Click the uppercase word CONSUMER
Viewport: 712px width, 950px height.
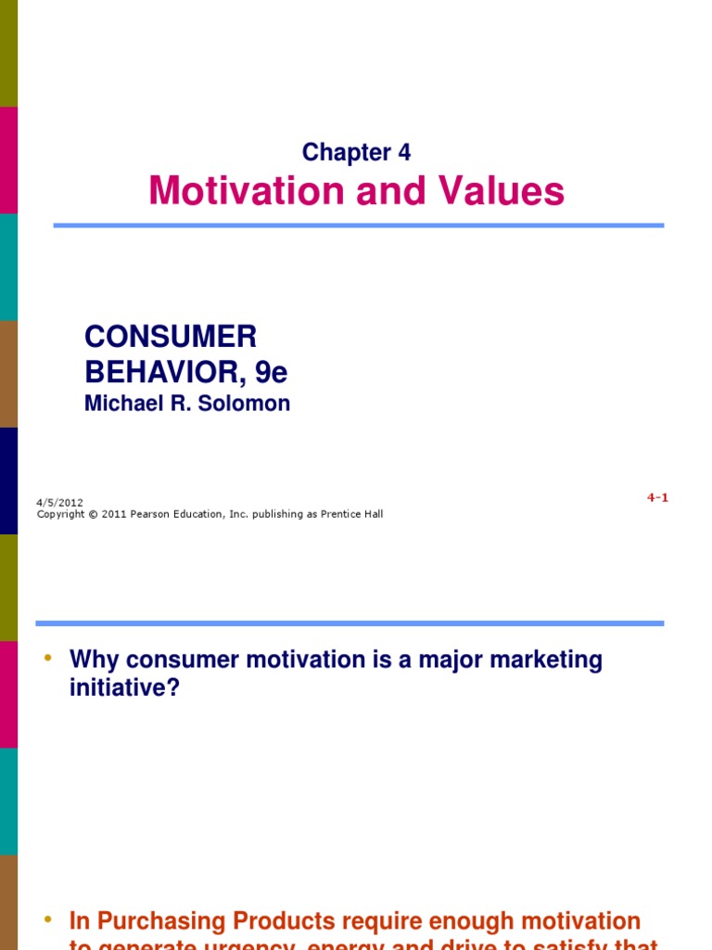[x=171, y=337]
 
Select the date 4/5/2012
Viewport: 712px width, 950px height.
[x=59, y=502]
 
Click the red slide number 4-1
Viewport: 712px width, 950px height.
[x=657, y=497]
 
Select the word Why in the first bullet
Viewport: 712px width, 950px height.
[x=95, y=661]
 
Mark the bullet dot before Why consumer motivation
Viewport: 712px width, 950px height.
[x=48, y=659]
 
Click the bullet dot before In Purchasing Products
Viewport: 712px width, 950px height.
[x=48, y=919]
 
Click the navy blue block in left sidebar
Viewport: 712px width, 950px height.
[x=8, y=481]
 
